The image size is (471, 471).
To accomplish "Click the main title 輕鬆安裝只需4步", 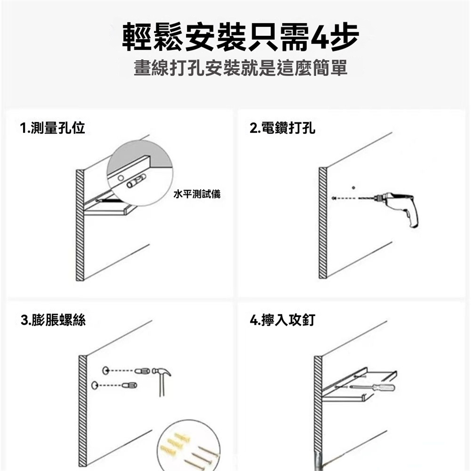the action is point(240,37).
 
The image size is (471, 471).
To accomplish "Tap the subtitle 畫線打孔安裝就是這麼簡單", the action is point(240,68).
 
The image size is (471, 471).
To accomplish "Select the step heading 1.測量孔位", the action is point(52,128).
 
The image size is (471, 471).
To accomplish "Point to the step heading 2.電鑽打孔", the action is point(283,128).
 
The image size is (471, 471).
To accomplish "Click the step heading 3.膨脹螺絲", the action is point(53,320).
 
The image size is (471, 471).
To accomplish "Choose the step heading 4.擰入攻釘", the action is point(283,320).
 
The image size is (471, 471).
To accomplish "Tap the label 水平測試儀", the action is point(197,194).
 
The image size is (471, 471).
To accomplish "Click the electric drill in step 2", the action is point(396,207).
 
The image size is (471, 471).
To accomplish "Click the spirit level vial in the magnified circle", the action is point(136,181).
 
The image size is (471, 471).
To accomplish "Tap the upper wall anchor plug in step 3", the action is point(142,371).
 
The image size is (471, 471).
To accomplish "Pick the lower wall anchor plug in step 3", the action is point(130,385).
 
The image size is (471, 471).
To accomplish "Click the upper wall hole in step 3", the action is point(105,371).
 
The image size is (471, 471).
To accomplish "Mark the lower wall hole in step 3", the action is point(95,385).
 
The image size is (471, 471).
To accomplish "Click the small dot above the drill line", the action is point(354,188).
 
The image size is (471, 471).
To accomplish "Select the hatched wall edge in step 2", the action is point(323,223).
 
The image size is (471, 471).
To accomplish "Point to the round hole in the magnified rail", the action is point(121,178).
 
